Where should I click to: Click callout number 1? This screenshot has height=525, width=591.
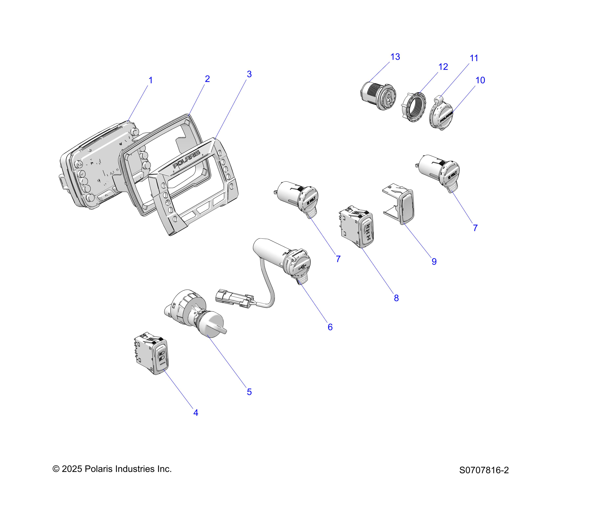coord(150,80)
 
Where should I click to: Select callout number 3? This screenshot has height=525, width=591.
coord(249,74)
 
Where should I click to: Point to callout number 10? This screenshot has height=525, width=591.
coord(480,80)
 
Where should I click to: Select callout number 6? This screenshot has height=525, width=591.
coord(330,327)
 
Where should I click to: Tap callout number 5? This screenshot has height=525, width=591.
coord(249,392)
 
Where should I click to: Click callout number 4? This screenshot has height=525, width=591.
coord(196,413)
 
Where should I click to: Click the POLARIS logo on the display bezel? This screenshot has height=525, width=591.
coord(186,159)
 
